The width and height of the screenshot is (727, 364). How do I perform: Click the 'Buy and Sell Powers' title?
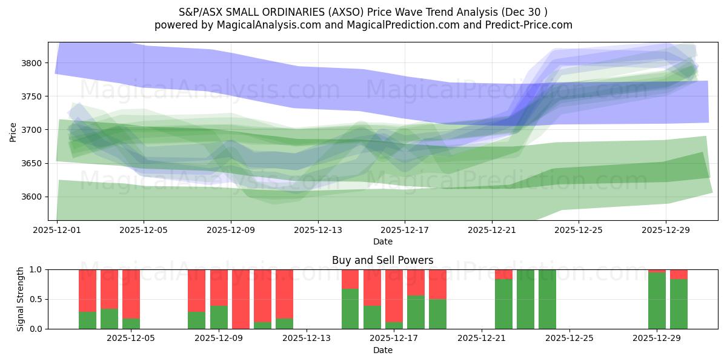tap(382, 260)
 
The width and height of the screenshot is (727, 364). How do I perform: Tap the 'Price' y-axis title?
tap(13, 132)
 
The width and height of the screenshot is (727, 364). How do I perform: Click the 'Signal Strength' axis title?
tap(20, 299)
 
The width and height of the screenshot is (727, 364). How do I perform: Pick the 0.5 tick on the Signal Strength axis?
tap(36, 299)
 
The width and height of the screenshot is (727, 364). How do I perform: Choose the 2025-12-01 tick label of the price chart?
tap(57, 231)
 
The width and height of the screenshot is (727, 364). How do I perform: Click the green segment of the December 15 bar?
tap(350, 309)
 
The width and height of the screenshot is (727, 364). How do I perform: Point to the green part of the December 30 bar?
tap(679, 304)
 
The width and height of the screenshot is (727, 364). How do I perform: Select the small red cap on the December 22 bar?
tap(503, 274)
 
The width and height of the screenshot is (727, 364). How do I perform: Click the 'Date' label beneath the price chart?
tap(382, 241)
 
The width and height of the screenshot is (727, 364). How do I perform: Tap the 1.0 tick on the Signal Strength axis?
tap(36, 269)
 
